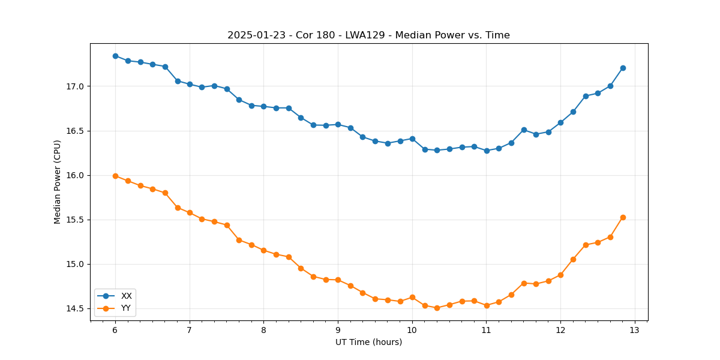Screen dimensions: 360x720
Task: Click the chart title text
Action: pos(368,35)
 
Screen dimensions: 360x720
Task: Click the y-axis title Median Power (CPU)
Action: pos(58,182)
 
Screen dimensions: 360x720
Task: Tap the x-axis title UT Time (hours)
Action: pos(368,342)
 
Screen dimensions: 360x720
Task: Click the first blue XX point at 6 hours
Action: pos(115,56)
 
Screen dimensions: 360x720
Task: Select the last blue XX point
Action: pos(623,68)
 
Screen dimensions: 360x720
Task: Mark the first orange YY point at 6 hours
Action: pos(115,176)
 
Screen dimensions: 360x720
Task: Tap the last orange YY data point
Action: pos(623,217)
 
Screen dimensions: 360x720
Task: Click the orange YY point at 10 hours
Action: pos(412,297)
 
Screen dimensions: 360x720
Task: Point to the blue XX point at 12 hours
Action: pos(560,122)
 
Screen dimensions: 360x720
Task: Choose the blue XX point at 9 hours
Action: pos(338,124)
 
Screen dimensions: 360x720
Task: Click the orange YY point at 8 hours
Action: pos(263,250)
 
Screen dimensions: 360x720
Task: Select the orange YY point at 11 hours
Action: pos(487,305)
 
